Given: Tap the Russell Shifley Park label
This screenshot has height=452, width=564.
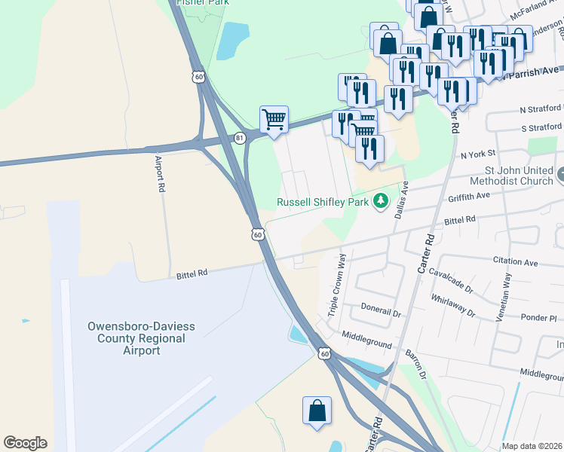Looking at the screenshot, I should [x=322, y=202].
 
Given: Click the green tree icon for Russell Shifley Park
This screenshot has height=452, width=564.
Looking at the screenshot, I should [x=382, y=201].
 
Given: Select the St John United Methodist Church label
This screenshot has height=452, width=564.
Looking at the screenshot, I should [x=510, y=176].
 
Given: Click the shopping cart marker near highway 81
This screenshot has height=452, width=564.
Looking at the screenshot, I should [x=274, y=119].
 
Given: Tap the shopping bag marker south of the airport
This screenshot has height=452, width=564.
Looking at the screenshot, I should [x=317, y=411].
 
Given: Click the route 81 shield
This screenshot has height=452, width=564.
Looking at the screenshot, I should [x=240, y=138].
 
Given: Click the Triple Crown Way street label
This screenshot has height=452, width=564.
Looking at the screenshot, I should [x=336, y=275].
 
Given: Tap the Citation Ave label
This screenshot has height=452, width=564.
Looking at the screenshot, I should [x=515, y=262].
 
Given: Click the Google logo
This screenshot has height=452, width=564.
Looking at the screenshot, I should [x=26, y=443].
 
